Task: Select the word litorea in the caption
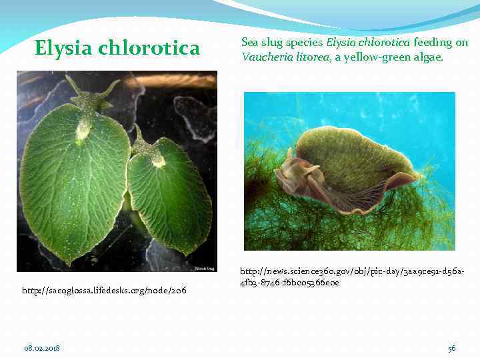click(309, 57)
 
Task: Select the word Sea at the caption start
click(249, 42)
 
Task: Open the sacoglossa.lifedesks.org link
click(104, 291)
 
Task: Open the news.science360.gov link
click(354, 277)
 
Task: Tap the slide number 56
click(451, 348)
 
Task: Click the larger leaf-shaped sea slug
click(73, 180)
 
